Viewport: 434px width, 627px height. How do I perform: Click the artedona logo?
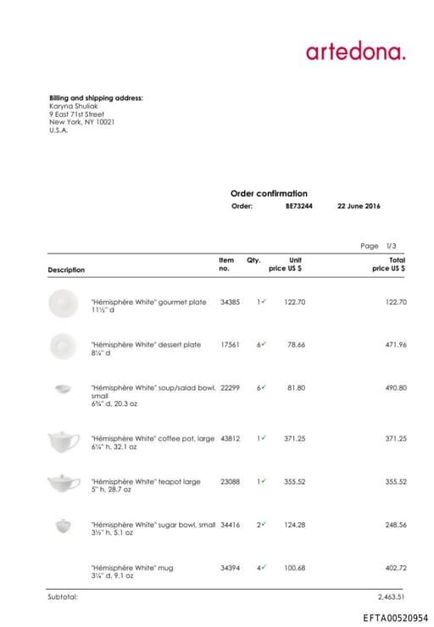coord(355,52)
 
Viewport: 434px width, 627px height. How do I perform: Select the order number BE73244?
coord(298,206)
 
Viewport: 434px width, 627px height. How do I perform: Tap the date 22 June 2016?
coord(359,206)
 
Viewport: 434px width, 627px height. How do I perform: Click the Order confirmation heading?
coord(269,193)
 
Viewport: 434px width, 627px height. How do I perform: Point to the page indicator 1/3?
coord(391,246)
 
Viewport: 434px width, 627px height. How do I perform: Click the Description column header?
coord(66,269)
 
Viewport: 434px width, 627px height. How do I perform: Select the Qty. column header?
coord(253,260)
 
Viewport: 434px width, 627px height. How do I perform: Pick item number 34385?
coord(230,302)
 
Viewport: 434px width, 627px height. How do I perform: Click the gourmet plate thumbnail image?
coord(62,302)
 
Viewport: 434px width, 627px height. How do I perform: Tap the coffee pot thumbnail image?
coord(62,441)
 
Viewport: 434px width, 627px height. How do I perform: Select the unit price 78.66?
coord(295,345)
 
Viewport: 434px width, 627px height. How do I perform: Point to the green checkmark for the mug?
coord(264,567)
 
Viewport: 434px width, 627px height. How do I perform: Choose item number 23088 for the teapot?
coord(230,481)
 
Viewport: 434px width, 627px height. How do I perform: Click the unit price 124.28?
coord(295,524)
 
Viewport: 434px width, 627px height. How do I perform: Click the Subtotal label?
coord(63,596)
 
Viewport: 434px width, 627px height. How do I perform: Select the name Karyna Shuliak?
coord(75,106)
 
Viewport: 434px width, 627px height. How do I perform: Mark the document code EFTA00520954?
coord(395,618)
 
